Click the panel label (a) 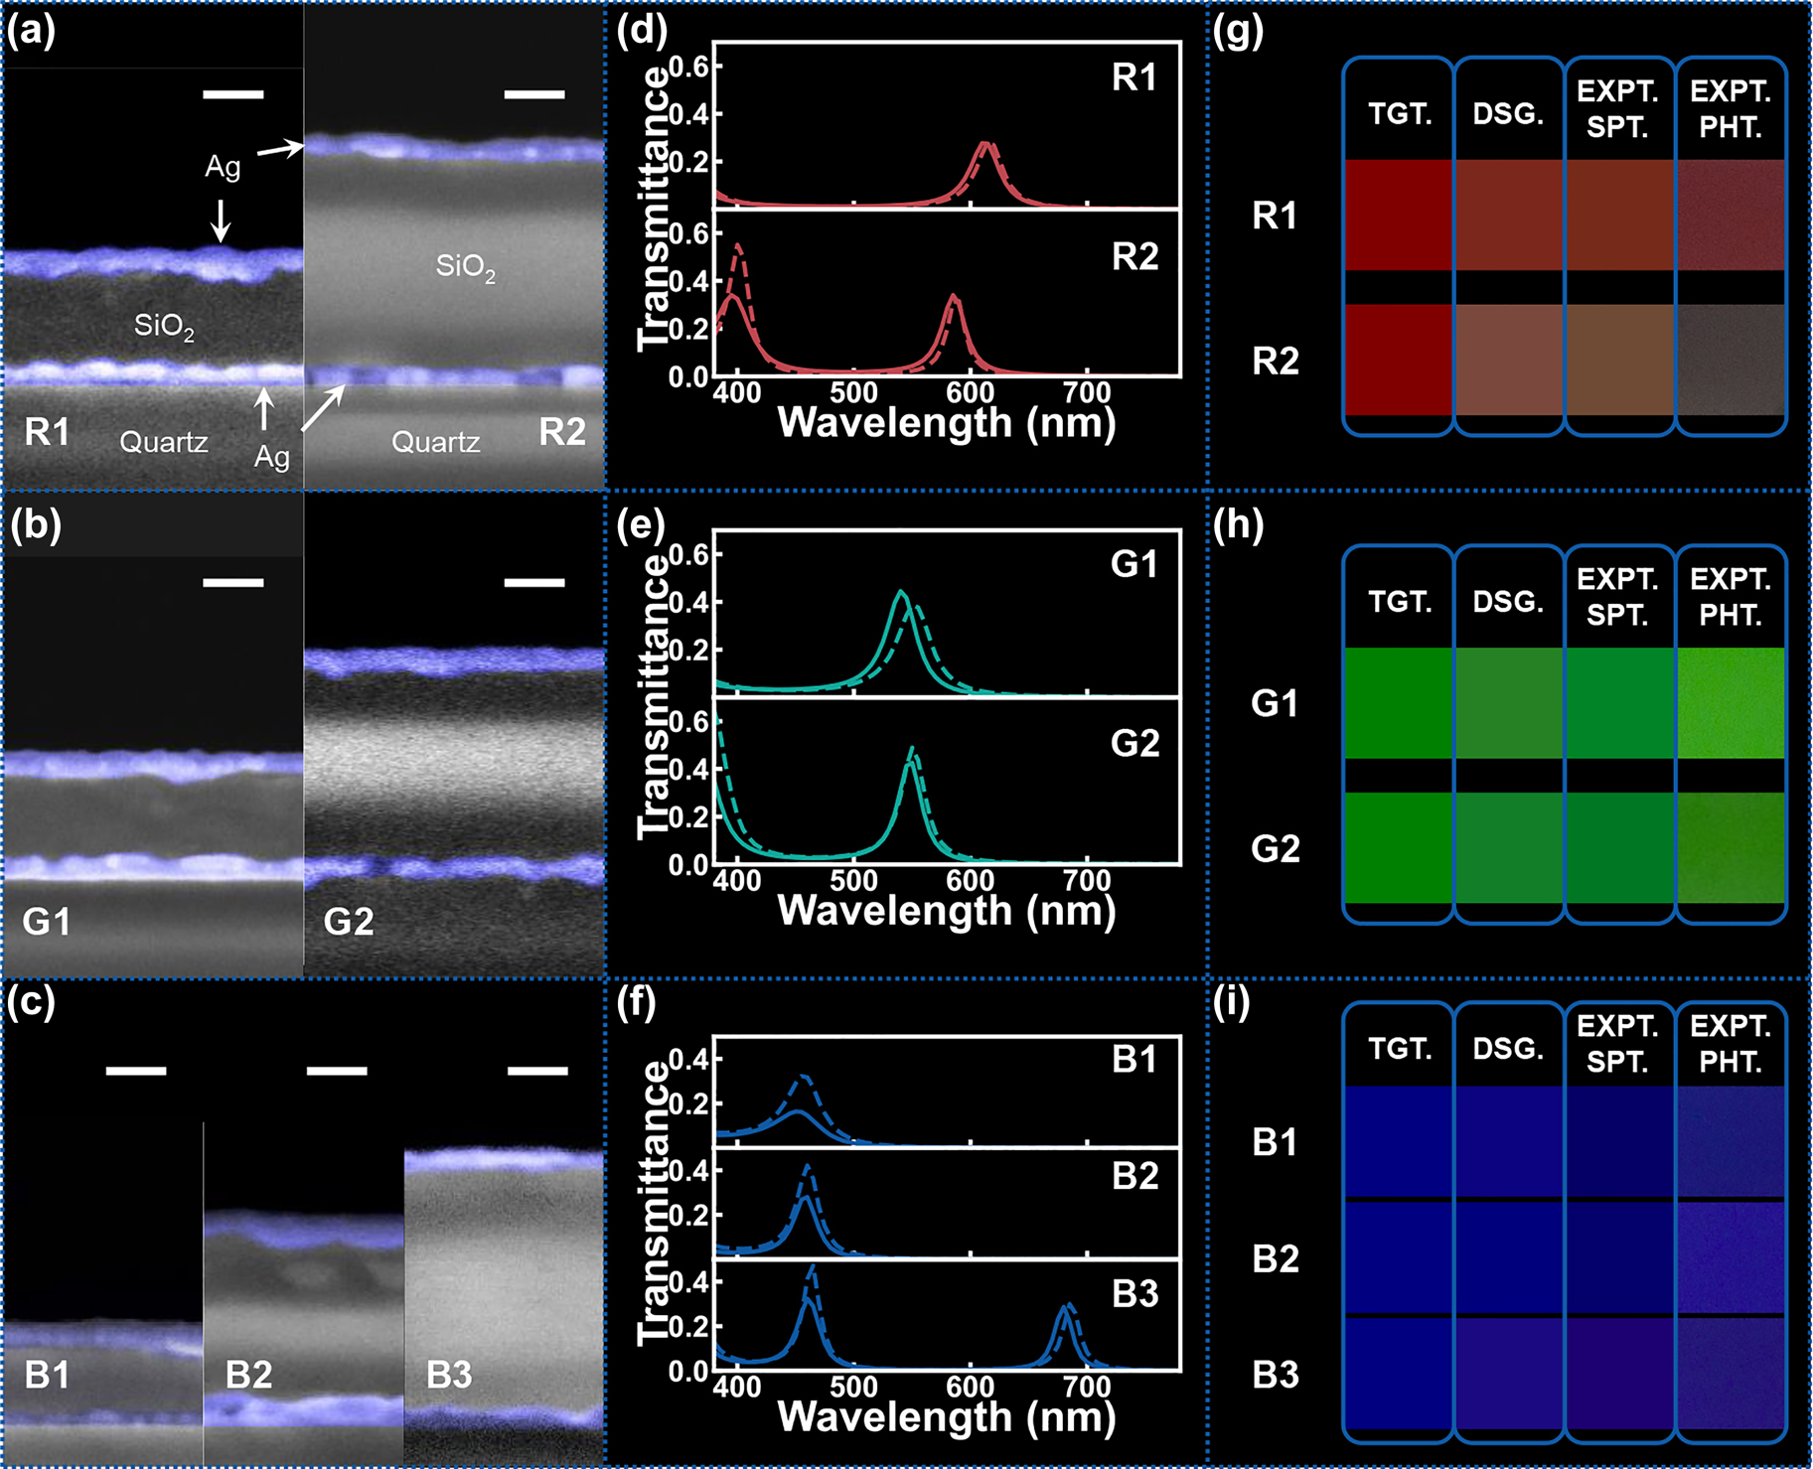tap(31, 33)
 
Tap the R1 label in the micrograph tap(48, 432)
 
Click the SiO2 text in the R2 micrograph tap(465, 267)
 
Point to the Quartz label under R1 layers tap(164, 442)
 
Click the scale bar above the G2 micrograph tap(534, 583)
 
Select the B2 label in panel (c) tap(248, 1375)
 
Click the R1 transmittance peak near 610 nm tap(984, 145)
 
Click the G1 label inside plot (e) tap(1134, 564)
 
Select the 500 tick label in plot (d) tap(853, 391)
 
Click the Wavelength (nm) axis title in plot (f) tap(947, 1417)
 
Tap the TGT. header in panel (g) tap(1400, 114)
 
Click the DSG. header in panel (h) tap(1508, 602)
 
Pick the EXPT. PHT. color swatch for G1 tap(1731, 702)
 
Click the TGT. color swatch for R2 tap(1400, 360)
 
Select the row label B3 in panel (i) tap(1276, 1375)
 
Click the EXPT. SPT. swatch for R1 tap(1619, 215)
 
